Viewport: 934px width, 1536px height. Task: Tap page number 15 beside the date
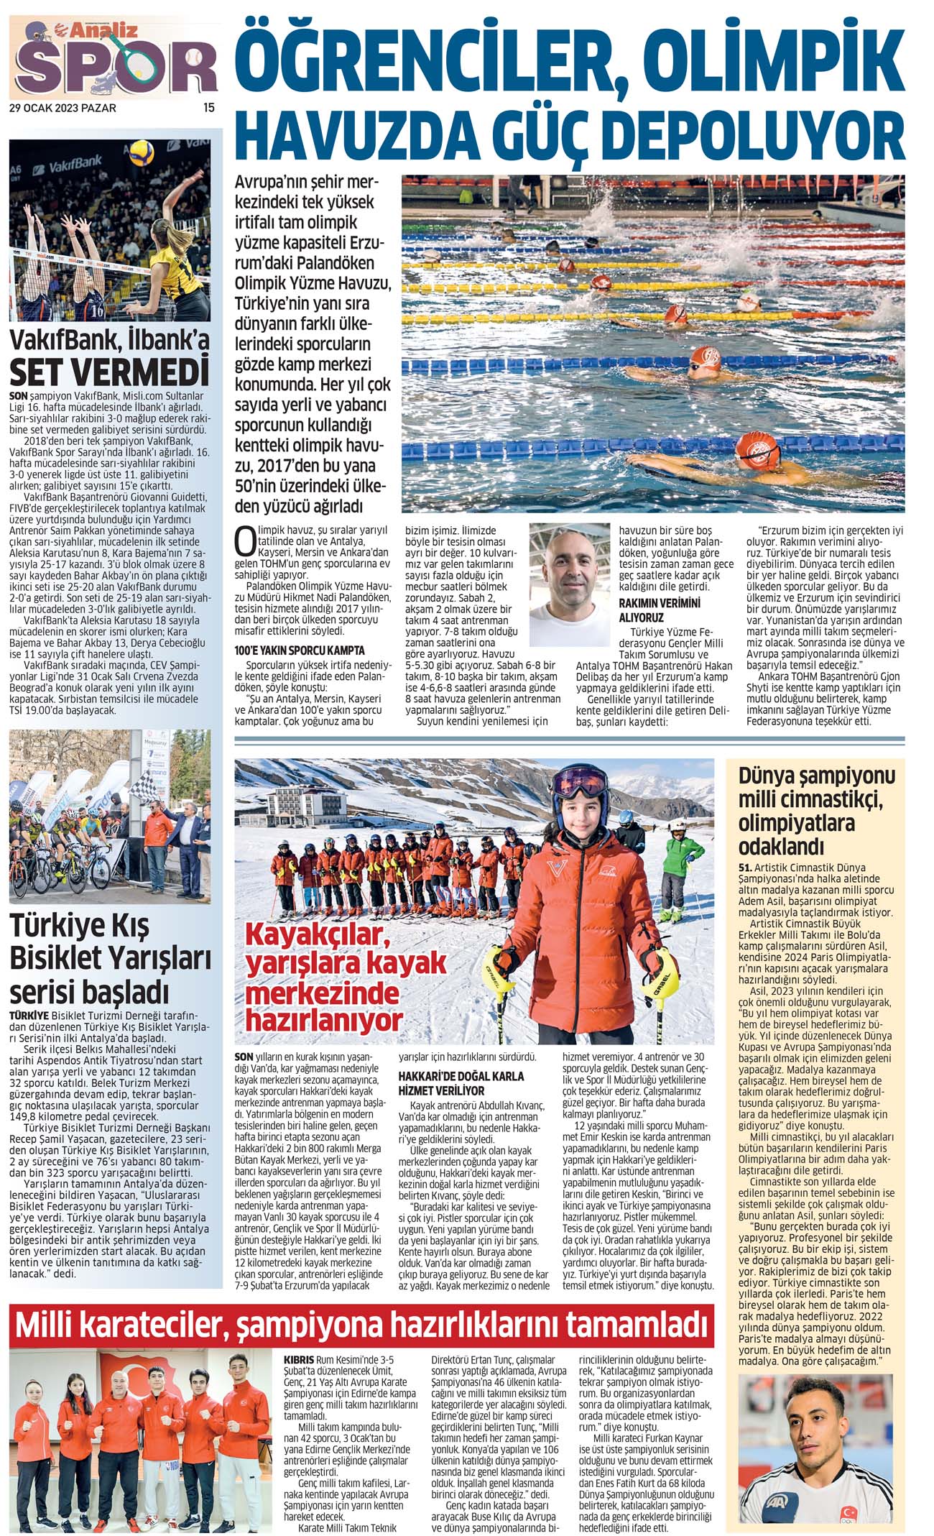pyautogui.click(x=209, y=108)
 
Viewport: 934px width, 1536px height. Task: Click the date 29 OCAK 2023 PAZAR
pyautogui.click(x=63, y=109)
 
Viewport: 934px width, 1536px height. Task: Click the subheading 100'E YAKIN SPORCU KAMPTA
pyautogui.click(x=300, y=650)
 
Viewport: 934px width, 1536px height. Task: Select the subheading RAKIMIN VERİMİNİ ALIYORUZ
pyautogui.click(x=659, y=610)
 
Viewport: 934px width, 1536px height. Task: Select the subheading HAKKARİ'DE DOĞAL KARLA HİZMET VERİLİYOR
pyautogui.click(x=461, y=1082)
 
